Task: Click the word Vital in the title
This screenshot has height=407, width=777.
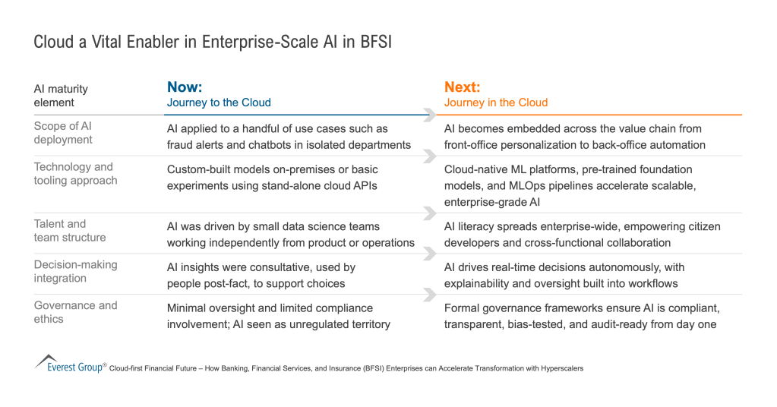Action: (x=99, y=43)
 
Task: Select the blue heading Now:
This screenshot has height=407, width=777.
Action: (x=185, y=87)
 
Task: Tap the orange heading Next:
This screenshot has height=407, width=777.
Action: (x=462, y=87)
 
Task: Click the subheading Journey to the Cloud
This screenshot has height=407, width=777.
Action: (x=219, y=103)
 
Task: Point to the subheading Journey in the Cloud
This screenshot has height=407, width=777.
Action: (x=495, y=103)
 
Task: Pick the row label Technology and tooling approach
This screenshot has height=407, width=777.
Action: (x=75, y=174)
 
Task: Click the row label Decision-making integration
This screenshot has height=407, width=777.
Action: (x=75, y=271)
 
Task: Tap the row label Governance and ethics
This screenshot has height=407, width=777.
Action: (x=75, y=312)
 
